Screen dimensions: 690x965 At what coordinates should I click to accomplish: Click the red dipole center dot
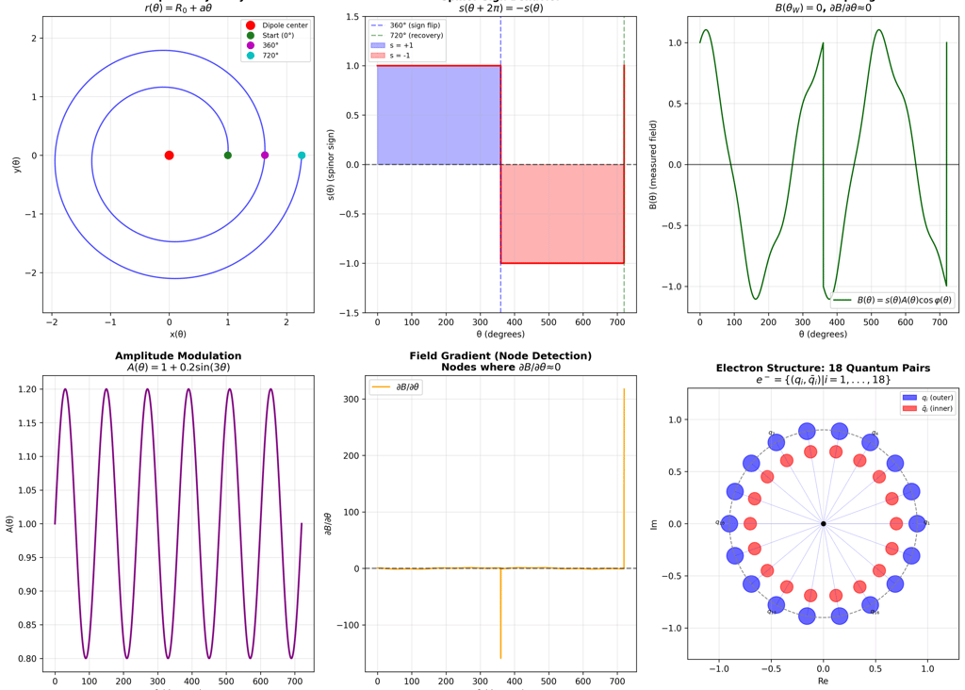(x=170, y=156)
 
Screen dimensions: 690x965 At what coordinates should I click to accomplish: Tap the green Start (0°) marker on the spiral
(x=228, y=156)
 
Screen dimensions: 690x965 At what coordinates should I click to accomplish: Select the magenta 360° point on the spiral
(x=265, y=156)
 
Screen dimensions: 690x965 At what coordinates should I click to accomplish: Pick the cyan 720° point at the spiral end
(x=302, y=156)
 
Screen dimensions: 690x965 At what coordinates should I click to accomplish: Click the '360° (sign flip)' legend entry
(x=415, y=25)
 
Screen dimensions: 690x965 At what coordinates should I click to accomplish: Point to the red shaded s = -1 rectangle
(x=562, y=214)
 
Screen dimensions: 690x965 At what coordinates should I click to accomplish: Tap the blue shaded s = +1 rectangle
(x=438, y=115)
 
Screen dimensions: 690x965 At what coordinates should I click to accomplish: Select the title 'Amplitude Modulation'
(x=178, y=356)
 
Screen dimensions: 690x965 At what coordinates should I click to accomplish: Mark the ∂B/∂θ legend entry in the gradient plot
(x=397, y=386)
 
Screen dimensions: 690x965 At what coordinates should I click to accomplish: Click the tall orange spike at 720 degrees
(x=624, y=452)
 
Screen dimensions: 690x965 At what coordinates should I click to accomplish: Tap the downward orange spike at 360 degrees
(x=500, y=622)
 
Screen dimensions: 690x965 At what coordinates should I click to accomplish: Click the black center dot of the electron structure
(x=824, y=524)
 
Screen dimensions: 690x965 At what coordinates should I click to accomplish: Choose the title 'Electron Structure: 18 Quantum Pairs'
(x=823, y=368)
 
